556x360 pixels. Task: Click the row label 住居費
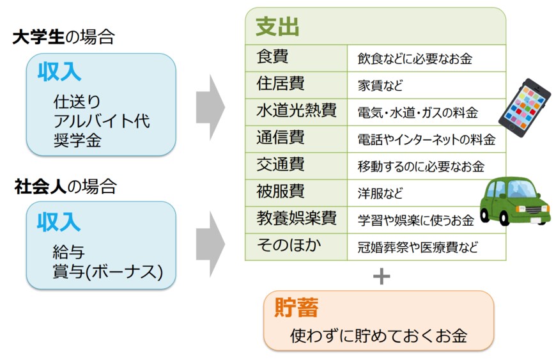click(x=281, y=84)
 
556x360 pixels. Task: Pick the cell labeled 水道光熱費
click(x=296, y=111)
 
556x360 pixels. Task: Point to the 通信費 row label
click(x=281, y=137)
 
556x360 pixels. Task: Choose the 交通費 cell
click(x=281, y=165)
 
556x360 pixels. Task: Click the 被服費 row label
click(x=281, y=192)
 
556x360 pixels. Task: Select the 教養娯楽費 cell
click(x=296, y=219)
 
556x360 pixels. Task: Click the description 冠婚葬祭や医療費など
click(x=417, y=247)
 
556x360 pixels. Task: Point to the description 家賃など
click(x=380, y=85)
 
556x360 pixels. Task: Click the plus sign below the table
click(x=381, y=276)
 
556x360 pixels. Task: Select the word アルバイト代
click(x=102, y=121)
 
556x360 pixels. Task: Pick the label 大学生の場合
click(x=63, y=38)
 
